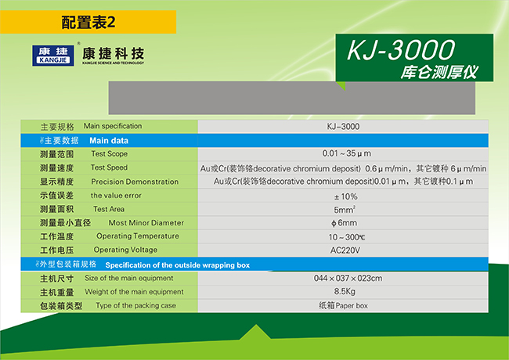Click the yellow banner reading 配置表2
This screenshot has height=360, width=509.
tap(88, 22)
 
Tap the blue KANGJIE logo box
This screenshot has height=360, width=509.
tap(53, 56)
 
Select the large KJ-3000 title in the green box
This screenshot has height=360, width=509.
tap(401, 50)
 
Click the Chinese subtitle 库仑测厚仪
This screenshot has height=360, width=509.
tap(439, 72)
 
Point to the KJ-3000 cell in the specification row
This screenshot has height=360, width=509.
tap(343, 127)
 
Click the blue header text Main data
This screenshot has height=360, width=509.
tap(109, 140)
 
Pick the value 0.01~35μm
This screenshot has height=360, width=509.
tap(346, 153)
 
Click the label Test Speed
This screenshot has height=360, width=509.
tap(109, 167)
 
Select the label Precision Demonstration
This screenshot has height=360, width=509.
tap(135, 182)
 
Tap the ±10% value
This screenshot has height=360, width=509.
tap(345, 196)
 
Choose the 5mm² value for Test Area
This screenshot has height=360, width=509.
tap(345, 210)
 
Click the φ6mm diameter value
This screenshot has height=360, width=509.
tap(344, 223)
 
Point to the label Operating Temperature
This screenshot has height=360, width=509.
tap(138, 236)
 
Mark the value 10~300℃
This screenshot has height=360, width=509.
tap(347, 237)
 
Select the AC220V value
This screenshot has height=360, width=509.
tap(345, 250)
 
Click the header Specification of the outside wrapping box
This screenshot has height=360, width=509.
tap(178, 265)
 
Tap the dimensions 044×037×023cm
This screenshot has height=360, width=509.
tap(348, 279)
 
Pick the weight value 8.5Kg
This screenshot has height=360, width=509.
tap(345, 292)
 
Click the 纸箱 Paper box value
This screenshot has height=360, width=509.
tap(343, 305)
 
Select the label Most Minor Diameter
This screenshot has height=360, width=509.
tap(146, 223)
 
